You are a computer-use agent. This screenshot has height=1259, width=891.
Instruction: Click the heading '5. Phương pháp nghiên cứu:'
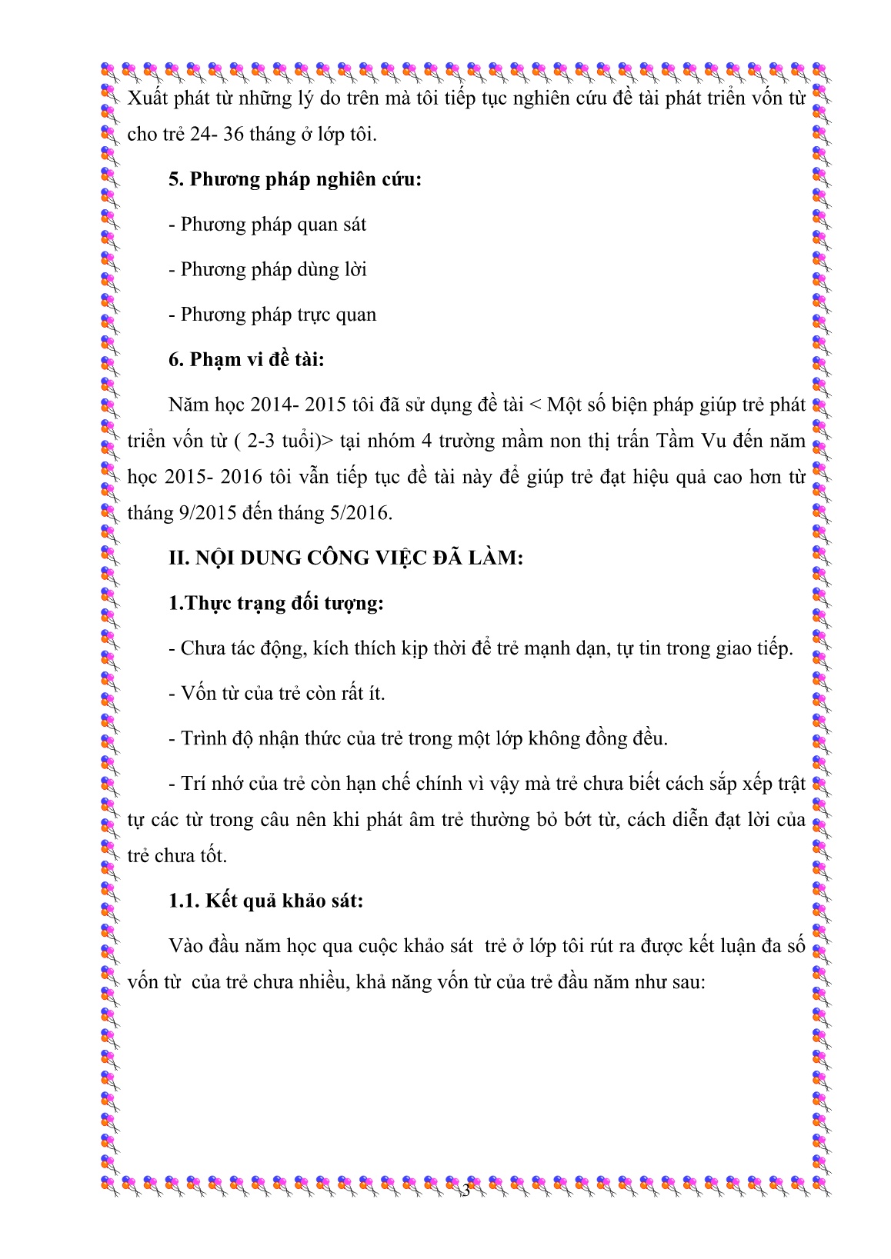[x=295, y=180]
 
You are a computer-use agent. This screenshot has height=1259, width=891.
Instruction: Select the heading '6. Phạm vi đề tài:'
[x=246, y=360]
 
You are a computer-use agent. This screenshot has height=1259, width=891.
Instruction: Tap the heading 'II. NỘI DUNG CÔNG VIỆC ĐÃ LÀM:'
[x=345, y=558]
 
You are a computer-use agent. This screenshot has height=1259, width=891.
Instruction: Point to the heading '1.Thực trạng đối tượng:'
[x=275, y=603]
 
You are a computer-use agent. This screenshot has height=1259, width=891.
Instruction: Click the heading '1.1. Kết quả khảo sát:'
[x=265, y=901]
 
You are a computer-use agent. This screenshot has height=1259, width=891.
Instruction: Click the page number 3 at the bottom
[x=465, y=1191]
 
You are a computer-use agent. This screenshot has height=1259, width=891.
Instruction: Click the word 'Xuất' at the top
[x=146, y=98]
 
